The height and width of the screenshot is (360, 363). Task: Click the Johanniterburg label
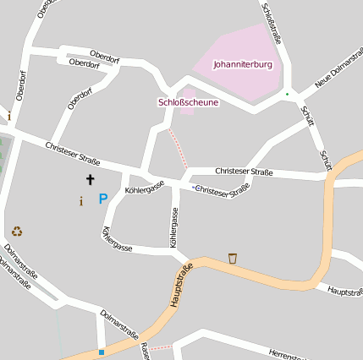tap(241, 63)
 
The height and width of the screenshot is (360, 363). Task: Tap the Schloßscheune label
tap(188, 102)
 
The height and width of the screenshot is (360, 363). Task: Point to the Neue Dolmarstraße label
tap(338, 73)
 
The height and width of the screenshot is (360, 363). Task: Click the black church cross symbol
tap(90, 179)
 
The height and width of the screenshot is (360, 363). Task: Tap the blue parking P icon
tap(103, 199)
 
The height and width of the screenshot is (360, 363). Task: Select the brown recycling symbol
tap(17, 231)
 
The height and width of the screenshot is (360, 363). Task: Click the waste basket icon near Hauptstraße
tap(233, 257)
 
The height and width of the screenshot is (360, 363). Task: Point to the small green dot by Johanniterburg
tap(287, 94)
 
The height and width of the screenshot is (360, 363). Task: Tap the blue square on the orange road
tap(102, 352)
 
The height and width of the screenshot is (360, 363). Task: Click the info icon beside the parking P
tap(81, 201)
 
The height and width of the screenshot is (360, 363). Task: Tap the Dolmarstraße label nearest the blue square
tap(118, 325)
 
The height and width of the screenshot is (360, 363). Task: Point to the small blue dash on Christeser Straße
tap(193, 187)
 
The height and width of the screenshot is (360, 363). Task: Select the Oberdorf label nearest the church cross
tap(80, 99)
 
